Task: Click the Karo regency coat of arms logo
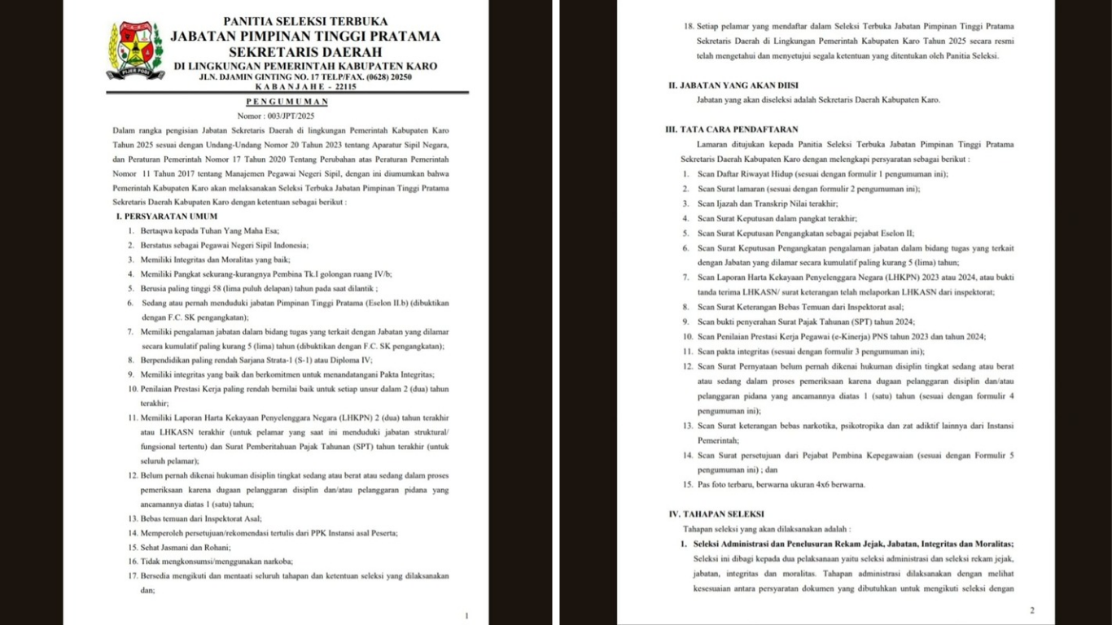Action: [x=134, y=49]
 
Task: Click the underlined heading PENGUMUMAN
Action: [x=287, y=102]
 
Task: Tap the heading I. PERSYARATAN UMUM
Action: [x=166, y=216]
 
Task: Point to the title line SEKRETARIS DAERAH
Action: [x=305, y=51]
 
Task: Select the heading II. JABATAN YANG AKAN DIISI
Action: [x=733, y=85]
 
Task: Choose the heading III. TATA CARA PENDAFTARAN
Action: [x=732, y=129]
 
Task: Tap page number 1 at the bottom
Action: [x=466, y=616]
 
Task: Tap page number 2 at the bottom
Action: [x=1031, y=610]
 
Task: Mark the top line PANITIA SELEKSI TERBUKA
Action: [x=305, y=21]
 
